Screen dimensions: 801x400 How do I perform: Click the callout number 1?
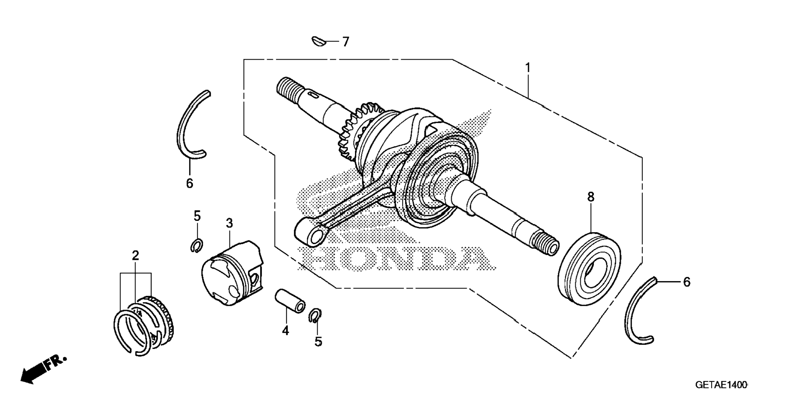(x=528, y=67)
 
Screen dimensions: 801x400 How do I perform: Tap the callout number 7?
(x=345, y=42)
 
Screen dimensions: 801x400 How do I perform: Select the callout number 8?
(x=591, y=197)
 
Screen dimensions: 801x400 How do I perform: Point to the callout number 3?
(x=229, y=223)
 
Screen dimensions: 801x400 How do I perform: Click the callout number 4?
(x=285, y=331)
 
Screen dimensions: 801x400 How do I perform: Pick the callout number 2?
(x=135, y=256)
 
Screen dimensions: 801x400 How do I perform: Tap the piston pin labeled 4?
(x=290, y=302)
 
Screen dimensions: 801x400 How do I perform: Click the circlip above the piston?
(x=197, y=246)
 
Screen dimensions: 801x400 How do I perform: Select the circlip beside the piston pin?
(x=316, y=315)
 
